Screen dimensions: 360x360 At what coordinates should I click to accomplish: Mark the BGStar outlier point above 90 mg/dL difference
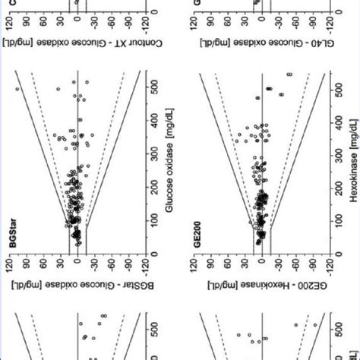point(17,89)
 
